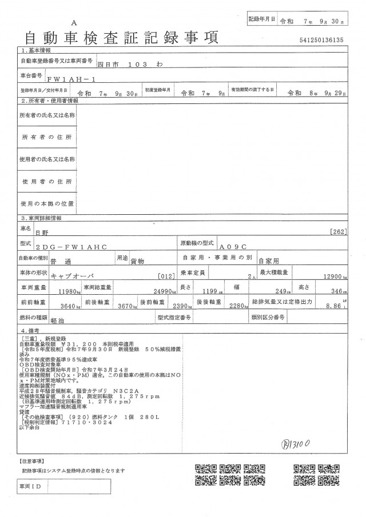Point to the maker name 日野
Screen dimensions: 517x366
pos(42,233)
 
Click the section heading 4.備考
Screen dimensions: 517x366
pos(32,331)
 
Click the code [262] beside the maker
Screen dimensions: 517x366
pos(339,232)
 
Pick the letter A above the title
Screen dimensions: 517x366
pos(74,22)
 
